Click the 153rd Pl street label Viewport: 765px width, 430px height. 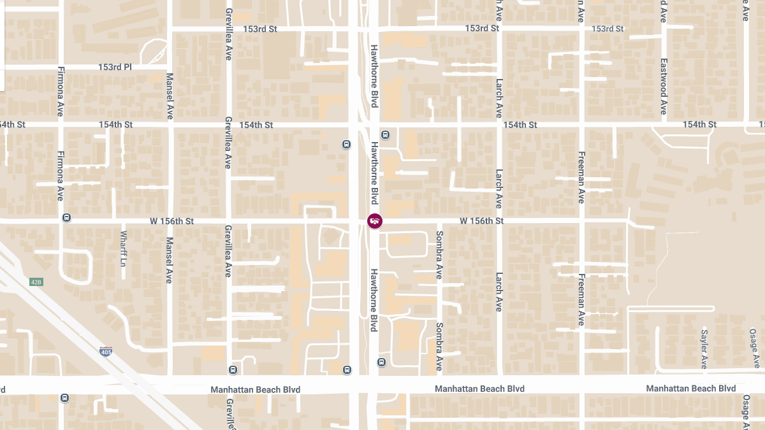(x=115, y=67)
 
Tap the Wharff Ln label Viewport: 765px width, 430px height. (x=124, y=248)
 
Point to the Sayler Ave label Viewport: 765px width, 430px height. (x=704, y=348)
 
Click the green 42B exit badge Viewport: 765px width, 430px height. (x=36, y=282)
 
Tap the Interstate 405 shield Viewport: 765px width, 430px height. (x=106, y=351)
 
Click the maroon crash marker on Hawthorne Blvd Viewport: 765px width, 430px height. (x=375, y=221)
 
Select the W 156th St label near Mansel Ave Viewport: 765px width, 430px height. (x=171, y=221)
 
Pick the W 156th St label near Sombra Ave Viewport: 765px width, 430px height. (x=482, y=221)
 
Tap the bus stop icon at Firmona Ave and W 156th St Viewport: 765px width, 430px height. (x=66, y=218)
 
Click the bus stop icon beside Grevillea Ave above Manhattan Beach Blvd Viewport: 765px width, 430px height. (x=233, y=369)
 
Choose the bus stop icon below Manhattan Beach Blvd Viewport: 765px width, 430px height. (x=64, y=398)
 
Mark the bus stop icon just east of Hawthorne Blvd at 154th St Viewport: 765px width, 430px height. (x=385, y=135)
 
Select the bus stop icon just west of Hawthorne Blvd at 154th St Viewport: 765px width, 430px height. (x=346, y=144)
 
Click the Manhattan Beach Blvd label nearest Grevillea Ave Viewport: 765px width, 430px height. (x=256, y=389)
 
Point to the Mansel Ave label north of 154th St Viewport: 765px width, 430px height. (x=170, y=95)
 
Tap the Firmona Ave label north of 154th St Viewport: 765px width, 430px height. (x=61, y=92)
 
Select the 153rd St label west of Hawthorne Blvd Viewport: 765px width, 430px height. (x=260, y=29)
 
